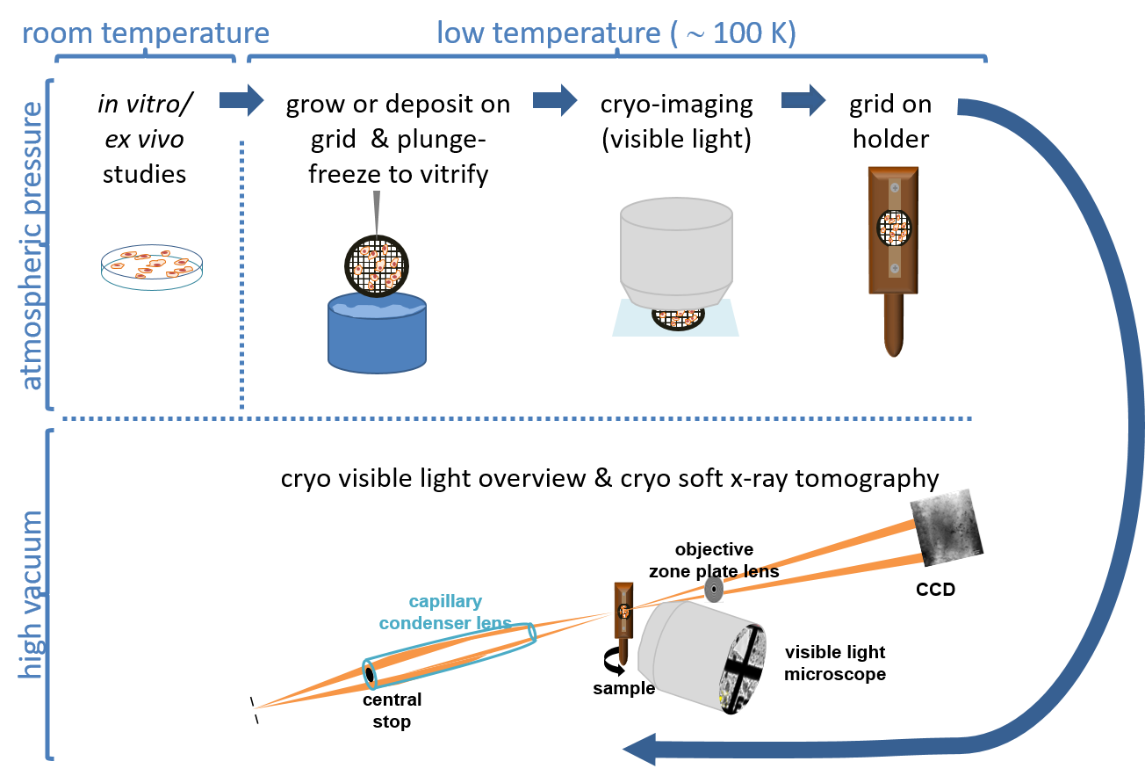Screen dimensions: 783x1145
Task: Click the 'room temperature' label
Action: (x=145, y=33)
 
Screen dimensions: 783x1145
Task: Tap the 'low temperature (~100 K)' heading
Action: (x=616, y=33)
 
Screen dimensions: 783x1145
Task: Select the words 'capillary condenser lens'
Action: (x=445, y=613)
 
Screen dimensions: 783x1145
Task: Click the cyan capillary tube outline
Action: (x=450, y=656)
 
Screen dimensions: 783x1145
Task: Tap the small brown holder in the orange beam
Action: (x=623, y=620)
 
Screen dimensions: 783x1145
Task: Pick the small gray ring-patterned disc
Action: (x=714, y=589)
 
